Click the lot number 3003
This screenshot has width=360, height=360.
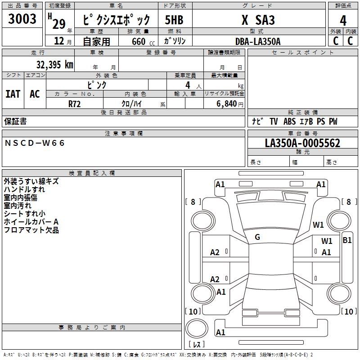coord(22,18)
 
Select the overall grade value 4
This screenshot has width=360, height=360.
coord(343,21)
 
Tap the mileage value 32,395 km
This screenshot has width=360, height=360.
coord(54,65)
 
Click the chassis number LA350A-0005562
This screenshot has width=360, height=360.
coord(302,143)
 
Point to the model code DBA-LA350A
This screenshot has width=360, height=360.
coord(258,41)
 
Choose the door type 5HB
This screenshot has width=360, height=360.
coord(174,20)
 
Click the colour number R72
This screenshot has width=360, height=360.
coord(74,104)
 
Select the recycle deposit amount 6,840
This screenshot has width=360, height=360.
coord(226,104)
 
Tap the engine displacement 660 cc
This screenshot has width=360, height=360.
coord(143,42)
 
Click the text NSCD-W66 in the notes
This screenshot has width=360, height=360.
coord(35,143)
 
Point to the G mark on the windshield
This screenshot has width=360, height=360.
coord(257,237)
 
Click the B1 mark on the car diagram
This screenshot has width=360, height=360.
coord(347,240)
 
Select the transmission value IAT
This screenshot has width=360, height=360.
coord(13,94)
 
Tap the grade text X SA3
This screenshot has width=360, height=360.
coord(258,20)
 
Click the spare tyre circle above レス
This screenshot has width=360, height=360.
coord(197,328)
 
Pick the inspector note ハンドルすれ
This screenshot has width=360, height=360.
coord(24,189)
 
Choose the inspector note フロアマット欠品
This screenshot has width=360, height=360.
coord(31,230)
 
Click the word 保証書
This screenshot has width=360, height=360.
coord(15,121)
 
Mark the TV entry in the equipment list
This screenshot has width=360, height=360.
coord(274,121)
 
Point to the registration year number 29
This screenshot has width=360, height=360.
coord(59,24)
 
